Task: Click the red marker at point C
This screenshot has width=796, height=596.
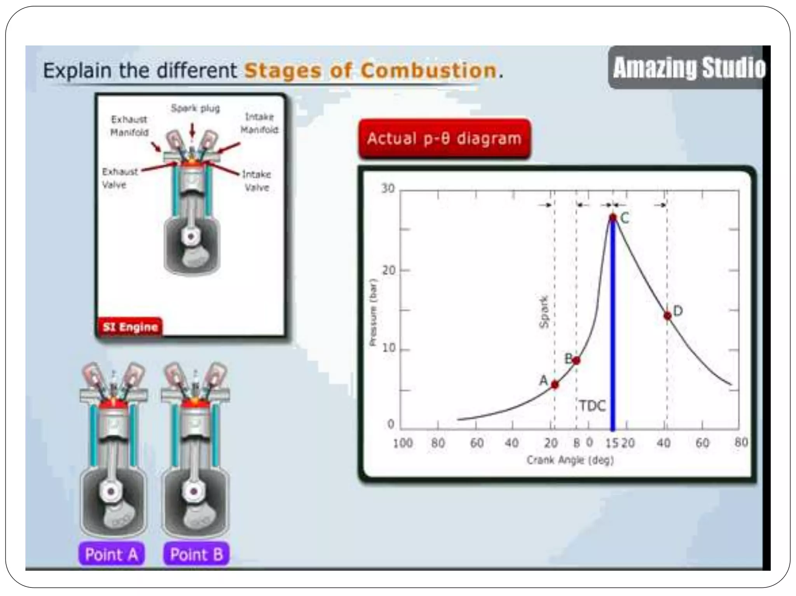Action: (x=613, y=217)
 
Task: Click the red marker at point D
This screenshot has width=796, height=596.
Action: (x=667, y=316)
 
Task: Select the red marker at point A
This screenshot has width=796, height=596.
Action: (x=555, y=384)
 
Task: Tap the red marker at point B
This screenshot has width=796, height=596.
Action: (x=576, y=360)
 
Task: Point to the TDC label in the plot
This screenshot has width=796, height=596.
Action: (x=592, y=406)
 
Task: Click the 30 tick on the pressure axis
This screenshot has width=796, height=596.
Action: (x=388, y=189)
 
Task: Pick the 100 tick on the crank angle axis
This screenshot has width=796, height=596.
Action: (x=402, y=443)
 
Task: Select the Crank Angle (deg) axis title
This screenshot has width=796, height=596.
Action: (x=570, y=460)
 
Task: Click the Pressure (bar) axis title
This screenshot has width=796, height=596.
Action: (x=373, y=312)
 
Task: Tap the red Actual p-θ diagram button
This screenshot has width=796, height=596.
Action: (x=444, y=139)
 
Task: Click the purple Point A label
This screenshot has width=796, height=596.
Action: (x=112, y=554)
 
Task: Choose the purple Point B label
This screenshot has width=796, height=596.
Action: (x=196, y=554)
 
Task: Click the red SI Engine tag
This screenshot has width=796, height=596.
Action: (x=130, y=327)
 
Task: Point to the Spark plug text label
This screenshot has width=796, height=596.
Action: (x=196, y=108)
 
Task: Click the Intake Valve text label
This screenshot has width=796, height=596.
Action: (x=257, y=181)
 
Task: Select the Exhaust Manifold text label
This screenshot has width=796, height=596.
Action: (x=129, y=126)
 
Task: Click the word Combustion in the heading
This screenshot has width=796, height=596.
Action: (x=428, y=71)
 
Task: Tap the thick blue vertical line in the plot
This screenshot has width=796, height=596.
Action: (x=613, y=330)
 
